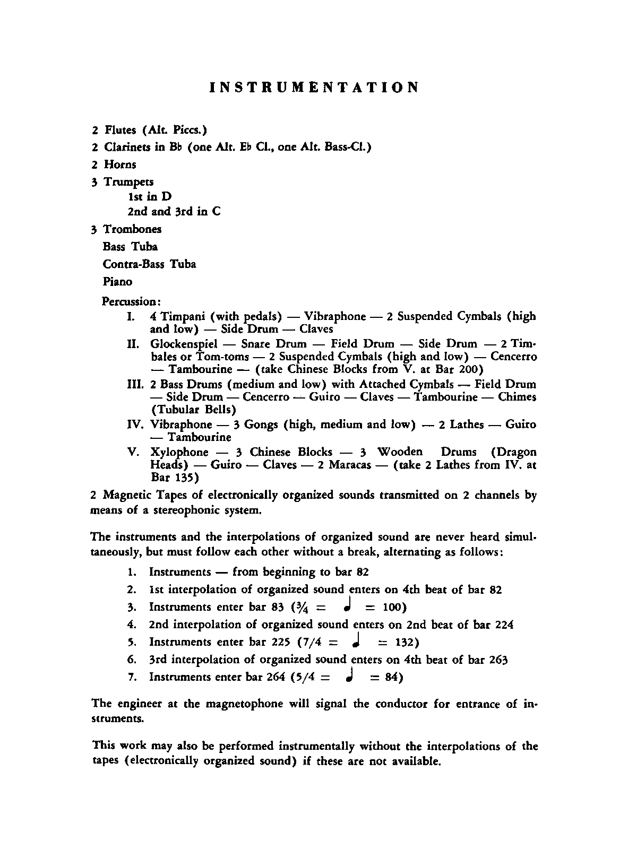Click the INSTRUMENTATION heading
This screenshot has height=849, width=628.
coord(314,88)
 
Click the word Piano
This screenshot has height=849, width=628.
coord(118,282)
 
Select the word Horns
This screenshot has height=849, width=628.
coord(120,164)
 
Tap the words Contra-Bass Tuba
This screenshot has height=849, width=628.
coord(150,264)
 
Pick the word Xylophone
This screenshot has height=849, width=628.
coord(179,452)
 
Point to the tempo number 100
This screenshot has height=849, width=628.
coord(393,607)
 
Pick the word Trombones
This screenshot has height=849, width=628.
coord(132,229)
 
